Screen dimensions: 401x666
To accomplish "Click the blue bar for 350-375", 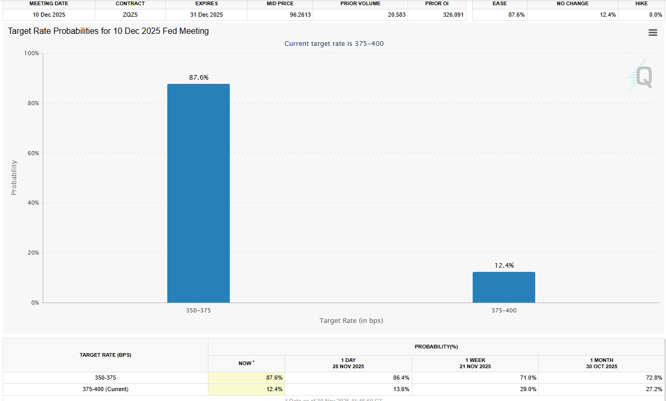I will pos(198,193).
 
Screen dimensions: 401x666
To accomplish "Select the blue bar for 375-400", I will pos(503,287).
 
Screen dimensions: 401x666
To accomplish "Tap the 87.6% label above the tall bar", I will pos(199,77).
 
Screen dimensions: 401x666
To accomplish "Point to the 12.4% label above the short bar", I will pos(504,265).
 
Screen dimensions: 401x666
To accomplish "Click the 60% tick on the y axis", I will pos(32,153).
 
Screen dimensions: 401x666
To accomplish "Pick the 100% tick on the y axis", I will pos(31,53).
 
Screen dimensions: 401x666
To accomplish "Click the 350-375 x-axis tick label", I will pos(199,310).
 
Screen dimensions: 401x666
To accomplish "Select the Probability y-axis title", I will pos(14,178).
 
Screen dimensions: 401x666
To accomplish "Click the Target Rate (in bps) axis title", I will pos(351,320).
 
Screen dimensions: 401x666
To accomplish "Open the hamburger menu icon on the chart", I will pos(652,33).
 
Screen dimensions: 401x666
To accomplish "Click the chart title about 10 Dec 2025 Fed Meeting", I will pos(108,31).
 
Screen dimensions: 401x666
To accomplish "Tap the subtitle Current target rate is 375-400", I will pos(334,43).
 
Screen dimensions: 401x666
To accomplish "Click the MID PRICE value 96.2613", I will pos(300,15).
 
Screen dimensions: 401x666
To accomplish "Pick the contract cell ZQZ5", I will pos(130,15).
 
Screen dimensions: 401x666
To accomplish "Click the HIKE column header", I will pos(642,4).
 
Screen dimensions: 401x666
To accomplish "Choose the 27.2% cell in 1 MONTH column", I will pos(654,389).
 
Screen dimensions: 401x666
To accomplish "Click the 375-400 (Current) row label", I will pos(105,389).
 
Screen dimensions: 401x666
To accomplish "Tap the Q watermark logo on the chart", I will pos(642,77).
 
